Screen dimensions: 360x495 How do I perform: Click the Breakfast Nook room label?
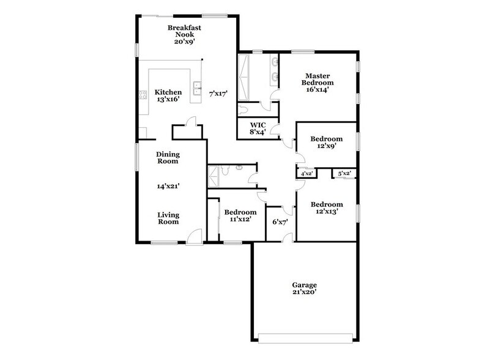pyautogui.click(x=185, y=35)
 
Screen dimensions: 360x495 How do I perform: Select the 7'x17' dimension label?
pyautogui.click(x=218, y=94)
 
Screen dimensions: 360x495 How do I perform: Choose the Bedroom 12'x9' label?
pyautogui.click(x=326, y=142)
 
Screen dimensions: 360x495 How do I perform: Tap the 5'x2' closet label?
pyautogui.click(x=344, y=174)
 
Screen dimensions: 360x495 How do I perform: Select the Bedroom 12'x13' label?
pyautogui.click(x=326, y=208)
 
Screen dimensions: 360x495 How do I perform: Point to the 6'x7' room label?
pyautogui.click(x=280, y=222)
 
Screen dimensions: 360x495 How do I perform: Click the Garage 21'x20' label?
pyautogui.click(x=304, y=288)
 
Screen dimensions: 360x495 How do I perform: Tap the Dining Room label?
pyautogui.click(x=167, y=158)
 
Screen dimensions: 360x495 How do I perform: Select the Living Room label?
pyautogui.click(x=167, y=218)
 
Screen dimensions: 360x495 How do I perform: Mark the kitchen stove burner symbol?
pyautogui.click(x=143, y=95)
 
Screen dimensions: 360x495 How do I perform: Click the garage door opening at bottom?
pyautogui.click(x=305, y=337)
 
